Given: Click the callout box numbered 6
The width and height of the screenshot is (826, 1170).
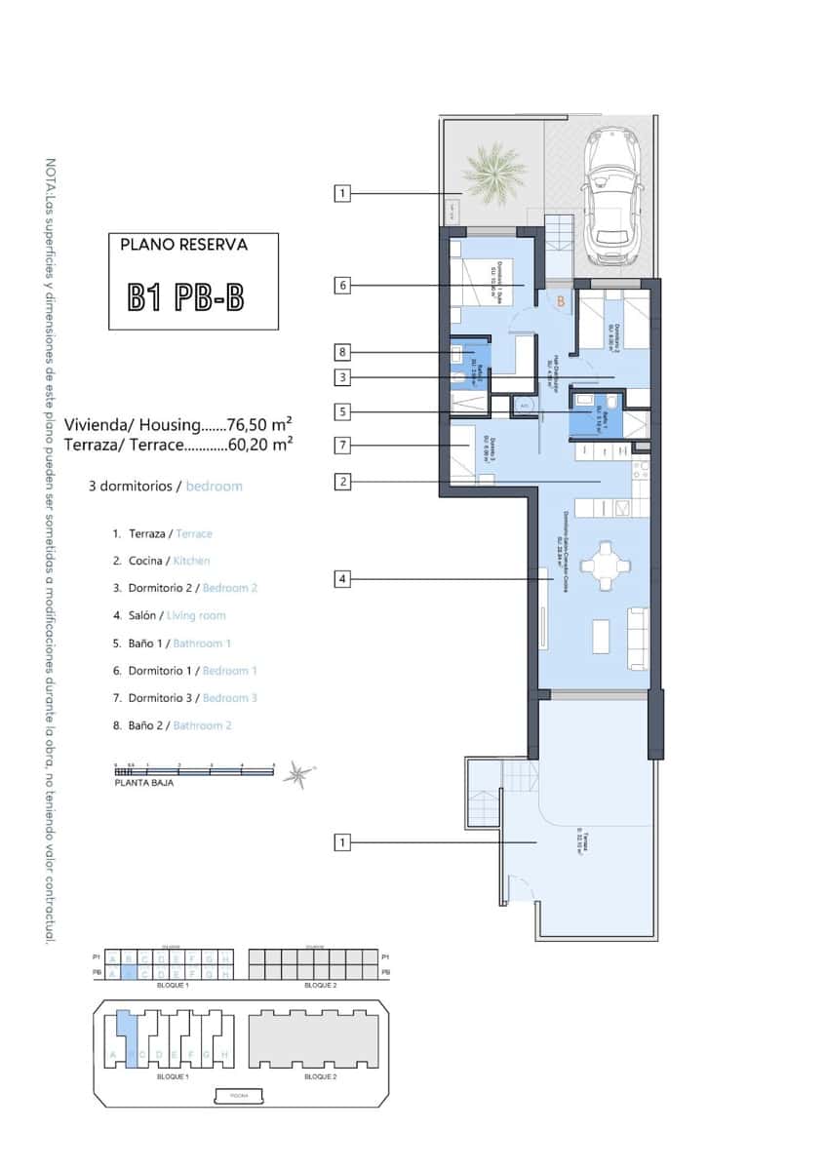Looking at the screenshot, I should coord(341,286).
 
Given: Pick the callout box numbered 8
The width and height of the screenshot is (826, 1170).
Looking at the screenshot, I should coord(341,352).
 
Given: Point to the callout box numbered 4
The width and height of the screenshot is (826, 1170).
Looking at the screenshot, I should coord(341,579).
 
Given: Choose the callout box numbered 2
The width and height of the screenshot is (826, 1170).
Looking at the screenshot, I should coord(341,481).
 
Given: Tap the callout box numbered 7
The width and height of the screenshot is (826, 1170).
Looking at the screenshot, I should coord(341,446).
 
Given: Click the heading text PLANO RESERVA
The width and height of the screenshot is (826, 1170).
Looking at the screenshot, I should coord(183,245).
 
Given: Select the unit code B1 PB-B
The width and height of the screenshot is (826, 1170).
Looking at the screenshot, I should coord(185,296).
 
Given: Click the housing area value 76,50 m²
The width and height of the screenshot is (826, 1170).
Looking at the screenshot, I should coord(260,425).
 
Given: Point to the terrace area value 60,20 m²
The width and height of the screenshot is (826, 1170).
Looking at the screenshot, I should coord(260,444).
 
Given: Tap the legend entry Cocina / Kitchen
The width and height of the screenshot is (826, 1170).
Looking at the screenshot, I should coord(161,561).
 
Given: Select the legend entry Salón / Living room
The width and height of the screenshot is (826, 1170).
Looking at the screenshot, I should coord(169,615).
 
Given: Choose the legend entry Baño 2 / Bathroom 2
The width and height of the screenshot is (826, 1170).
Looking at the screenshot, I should coord(172,725).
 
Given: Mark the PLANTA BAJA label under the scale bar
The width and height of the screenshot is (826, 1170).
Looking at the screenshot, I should coord(143,783).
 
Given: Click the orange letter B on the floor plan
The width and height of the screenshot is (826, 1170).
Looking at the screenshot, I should coord(561,302).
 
